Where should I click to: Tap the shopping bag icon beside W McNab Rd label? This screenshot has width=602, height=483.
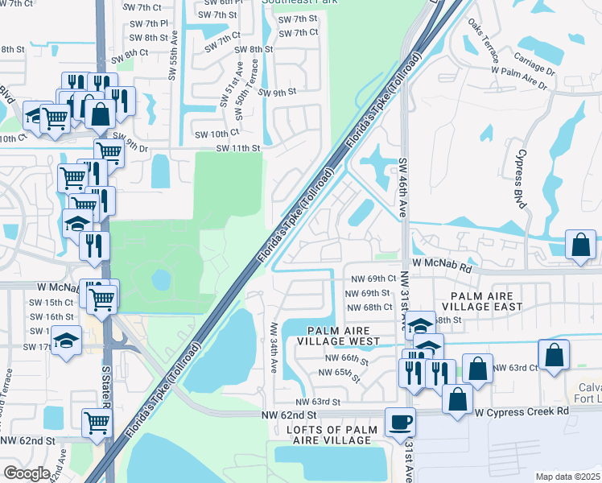point(581,245)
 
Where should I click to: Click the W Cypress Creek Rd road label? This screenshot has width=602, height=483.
point(522,411)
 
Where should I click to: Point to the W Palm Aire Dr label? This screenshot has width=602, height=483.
point(523,70)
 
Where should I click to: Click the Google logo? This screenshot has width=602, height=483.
point(27,473)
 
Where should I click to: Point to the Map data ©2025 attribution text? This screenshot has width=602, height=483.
point(567,477)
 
